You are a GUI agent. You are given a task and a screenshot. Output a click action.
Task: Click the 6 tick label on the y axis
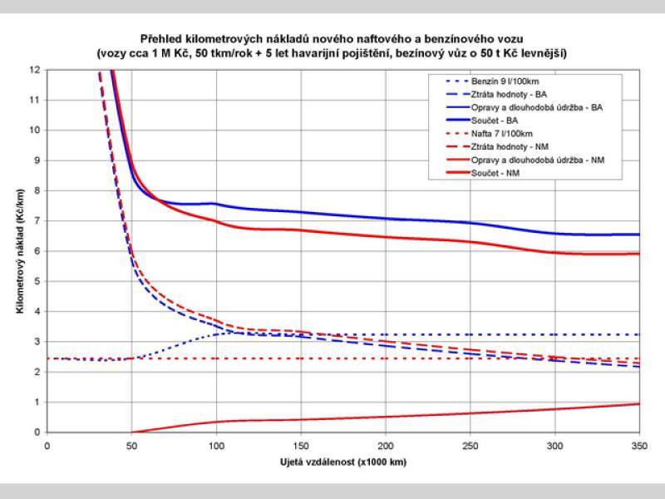[x=36, y=251]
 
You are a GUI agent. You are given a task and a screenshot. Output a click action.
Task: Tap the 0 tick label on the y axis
[x=36, y=432]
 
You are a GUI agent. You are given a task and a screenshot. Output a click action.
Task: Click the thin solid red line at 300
[x=554, y=409]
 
